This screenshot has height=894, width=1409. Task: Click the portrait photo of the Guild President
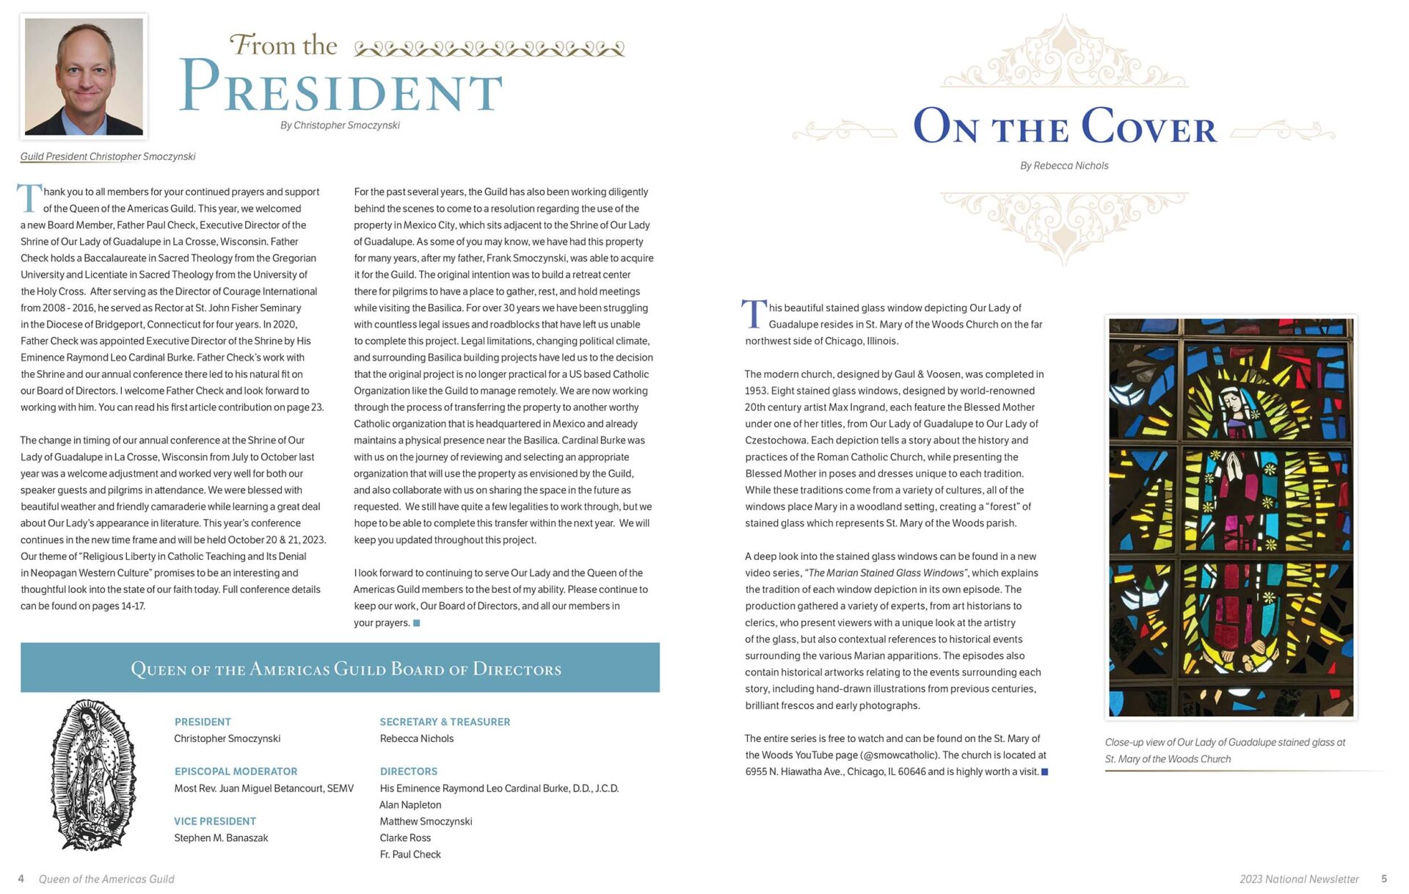(84, 76)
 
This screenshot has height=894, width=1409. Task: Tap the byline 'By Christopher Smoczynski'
(340, 126)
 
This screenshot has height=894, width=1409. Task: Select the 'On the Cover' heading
(1064, 128)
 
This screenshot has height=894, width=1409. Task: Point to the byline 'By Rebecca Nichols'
(1064, 166)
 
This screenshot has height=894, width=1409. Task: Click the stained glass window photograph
(1231, 517)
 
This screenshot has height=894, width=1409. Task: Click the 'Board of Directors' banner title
(346, 669)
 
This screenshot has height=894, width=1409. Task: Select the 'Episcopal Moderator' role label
(236, 771)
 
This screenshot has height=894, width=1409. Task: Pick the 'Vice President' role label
(215, 821)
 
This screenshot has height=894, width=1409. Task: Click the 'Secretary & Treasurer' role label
(445, 722)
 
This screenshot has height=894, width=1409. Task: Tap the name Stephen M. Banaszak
(221, 838)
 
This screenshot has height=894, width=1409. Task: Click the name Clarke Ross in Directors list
(405, 838)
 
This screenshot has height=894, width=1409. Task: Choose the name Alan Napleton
(410, 805)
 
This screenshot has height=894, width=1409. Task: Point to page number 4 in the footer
(21, 879)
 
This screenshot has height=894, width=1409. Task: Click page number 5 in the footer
(1384, 879)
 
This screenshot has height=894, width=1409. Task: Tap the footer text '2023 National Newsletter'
(1299, 879)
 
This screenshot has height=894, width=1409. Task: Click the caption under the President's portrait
(108, 156)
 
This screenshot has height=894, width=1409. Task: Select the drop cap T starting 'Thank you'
(29, 198)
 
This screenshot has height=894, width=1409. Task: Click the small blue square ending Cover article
(1045, 772)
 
